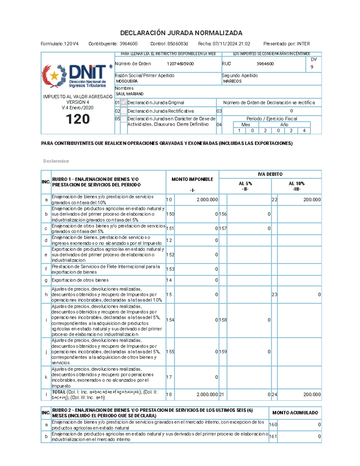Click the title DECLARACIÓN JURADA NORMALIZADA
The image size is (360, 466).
(x=181, y=33)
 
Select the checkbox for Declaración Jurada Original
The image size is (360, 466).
(x=124, y=103)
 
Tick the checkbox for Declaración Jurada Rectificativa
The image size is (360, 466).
(x=124, y=111)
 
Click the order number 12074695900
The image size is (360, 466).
(x=180, y=64)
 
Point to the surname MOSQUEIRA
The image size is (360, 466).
(x=127, y=81)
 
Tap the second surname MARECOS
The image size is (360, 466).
(x=232, y=81)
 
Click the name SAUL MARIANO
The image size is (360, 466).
(x=130, y=94)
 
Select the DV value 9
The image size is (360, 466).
(x=312, y=67)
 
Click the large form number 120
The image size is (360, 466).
(x=78, y=119)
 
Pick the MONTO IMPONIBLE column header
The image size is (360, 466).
(x=192, y=179)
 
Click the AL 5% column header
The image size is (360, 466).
(x=245, y=184)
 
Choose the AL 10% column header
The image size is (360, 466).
(x=296, y=184)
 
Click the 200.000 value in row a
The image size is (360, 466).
(x=312, y=200)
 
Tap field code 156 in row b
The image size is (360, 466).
(x=223, y=214)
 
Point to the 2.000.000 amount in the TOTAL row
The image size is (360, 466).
(x=207, y=395)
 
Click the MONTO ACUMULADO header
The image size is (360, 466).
(x=295, y=413)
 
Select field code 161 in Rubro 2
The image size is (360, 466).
(x=273, y=437)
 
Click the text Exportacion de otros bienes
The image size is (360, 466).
(x=80, y=280)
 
